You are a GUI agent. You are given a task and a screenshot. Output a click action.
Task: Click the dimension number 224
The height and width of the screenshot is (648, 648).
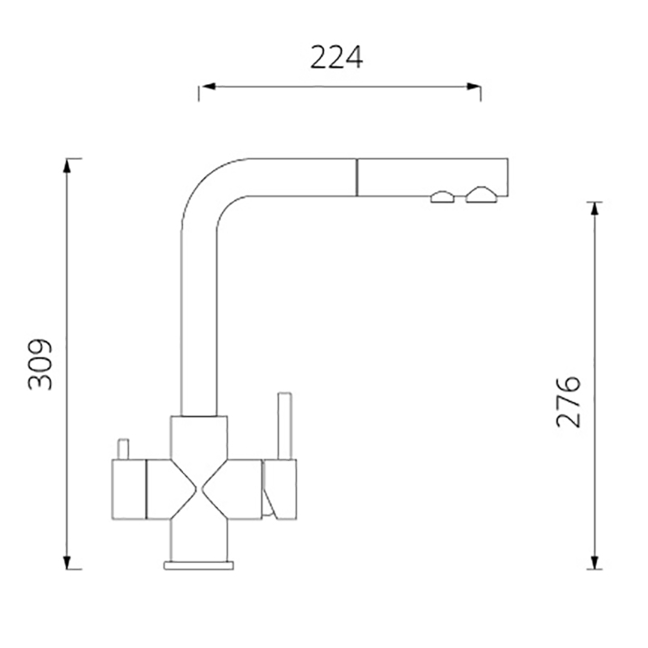336,58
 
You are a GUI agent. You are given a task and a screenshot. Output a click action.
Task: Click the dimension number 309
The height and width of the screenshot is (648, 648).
40,364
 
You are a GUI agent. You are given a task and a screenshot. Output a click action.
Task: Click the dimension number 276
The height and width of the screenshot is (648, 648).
569,402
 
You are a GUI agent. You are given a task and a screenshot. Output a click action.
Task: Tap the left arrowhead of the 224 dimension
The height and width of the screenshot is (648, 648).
208,87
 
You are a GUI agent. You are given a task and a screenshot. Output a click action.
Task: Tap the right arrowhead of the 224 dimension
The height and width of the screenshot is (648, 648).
473,87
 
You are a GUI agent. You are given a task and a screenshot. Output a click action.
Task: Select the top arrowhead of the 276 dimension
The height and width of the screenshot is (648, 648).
595,210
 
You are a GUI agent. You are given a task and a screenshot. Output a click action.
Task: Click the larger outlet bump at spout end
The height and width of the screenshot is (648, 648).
481,195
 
